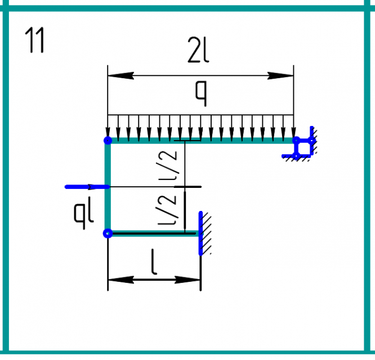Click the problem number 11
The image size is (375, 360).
pos(35,40)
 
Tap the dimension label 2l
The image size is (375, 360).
pos(198,50)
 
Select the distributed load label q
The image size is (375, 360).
pos(201,93)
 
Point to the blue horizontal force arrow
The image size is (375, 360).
pos(87,187)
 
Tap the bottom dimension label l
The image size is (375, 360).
pos(154,262)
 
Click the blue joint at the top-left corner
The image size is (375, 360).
pos(108,141)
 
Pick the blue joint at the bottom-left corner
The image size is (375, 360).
pos(108,233)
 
